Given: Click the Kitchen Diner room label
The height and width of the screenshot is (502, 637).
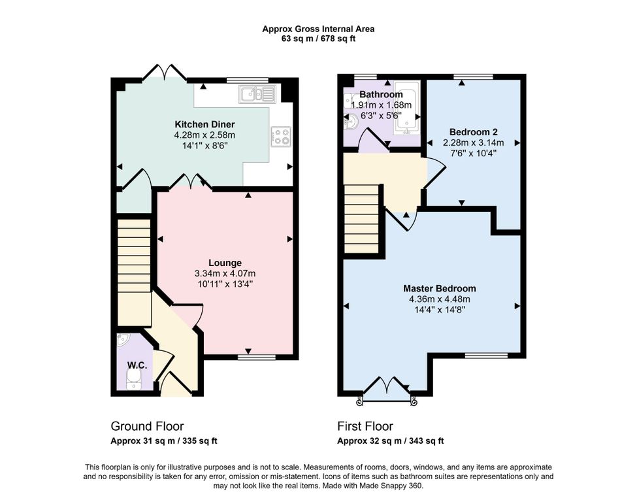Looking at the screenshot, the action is click(x=204, y=124).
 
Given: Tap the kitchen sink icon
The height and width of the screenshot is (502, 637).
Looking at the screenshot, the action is click(x=257, y=94).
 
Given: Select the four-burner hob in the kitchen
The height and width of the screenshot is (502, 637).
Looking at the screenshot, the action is click(x=281, y=136).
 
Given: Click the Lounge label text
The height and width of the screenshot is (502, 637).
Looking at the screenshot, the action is click(x=225, y=263).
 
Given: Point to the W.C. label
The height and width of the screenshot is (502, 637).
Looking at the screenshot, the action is click(x=137, y=365).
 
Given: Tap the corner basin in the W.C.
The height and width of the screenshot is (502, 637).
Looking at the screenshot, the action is click(x=122, y=341).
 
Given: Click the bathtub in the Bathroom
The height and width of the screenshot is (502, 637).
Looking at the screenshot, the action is click(x=407, y=108).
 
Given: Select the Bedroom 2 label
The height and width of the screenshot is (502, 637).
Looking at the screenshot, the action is click(x=473, y=132).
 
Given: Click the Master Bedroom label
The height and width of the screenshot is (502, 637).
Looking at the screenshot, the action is click(x=440, y=289).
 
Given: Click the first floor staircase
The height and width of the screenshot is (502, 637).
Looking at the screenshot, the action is click(x=362, y=219).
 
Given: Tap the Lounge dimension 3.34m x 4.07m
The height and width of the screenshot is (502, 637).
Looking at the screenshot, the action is click(x=225, y=274).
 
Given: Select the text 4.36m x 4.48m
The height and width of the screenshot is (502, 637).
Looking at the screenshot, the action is click(x=440, y=299).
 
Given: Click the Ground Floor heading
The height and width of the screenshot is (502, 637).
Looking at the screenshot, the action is click(x=147, y=426).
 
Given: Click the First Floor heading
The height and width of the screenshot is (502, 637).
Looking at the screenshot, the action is click(x=365, y=426).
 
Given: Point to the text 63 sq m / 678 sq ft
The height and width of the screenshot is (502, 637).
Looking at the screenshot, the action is click(x=319, y=39).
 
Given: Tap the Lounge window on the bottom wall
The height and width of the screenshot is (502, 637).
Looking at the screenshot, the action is click(x=256, y=357).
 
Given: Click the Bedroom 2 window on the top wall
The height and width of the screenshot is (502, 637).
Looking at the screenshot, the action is click(x=473, y=76).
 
